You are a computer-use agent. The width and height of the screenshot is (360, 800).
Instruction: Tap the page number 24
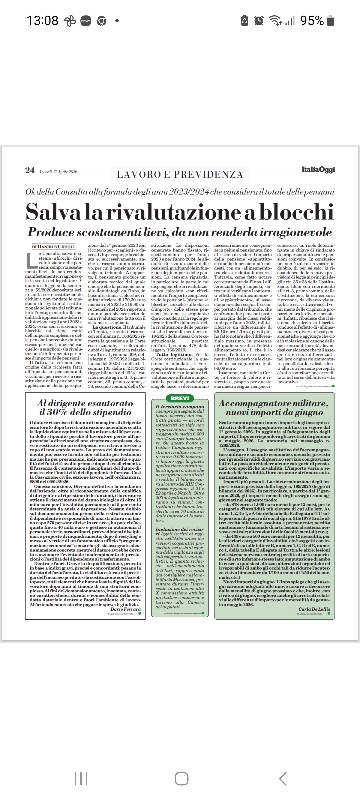tap(30, 170)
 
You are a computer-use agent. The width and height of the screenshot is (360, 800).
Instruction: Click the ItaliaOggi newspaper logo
tap(318, 169)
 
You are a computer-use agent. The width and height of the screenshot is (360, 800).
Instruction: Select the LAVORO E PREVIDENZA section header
tap(180, 174)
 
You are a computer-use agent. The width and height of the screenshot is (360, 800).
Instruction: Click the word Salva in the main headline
tap(53, 212)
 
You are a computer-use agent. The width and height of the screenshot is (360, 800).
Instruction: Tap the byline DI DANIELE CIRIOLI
tap(54, 247)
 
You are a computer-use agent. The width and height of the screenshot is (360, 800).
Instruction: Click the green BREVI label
tap(180, 398)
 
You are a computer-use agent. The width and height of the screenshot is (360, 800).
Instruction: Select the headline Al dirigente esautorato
tap(85, 403)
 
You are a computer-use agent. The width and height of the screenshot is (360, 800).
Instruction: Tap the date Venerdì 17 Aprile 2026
tap(58, 172)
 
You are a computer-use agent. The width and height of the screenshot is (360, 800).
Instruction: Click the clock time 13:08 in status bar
tap(42, 21)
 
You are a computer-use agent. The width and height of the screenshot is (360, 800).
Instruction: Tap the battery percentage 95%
tap(312, 21)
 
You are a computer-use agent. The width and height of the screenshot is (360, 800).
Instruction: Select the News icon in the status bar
tap(86, 21)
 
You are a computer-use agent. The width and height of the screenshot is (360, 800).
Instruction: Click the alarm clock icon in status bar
tap(259, 21)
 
